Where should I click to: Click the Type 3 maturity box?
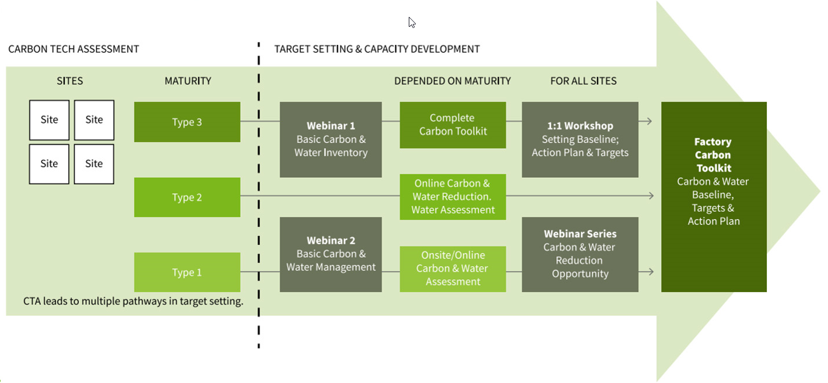(x=187, y=122)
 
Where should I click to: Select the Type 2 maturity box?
(x=187, y=197)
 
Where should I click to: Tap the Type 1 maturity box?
(x=187, y=272)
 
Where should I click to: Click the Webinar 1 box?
(x=331, y=139)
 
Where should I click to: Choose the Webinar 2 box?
(x=331, y=254)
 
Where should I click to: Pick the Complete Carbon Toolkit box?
(x=452, y=125)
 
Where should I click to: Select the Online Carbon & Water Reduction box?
(x=452, y=196)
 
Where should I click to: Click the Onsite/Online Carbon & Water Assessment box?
(x=452, y=269)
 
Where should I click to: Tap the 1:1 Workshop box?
(x=580, y=139)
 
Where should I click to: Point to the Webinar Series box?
(x=580, y=254)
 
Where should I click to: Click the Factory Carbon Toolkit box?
(x=713, y=196)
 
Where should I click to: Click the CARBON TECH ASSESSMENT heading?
(x=73, y=49)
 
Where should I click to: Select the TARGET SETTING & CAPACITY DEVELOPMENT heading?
(x=377, y=49)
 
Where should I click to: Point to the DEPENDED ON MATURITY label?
(x=452, y=81)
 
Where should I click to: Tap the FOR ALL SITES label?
(x=583, y=81)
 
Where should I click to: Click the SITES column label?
(x=69, y=81)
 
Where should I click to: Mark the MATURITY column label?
(x=188, y=81)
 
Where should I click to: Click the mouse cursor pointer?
(x=412, y=22)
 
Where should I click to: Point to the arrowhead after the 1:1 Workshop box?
(x=648, y=121)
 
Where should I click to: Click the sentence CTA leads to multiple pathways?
(x=133, y=301)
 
